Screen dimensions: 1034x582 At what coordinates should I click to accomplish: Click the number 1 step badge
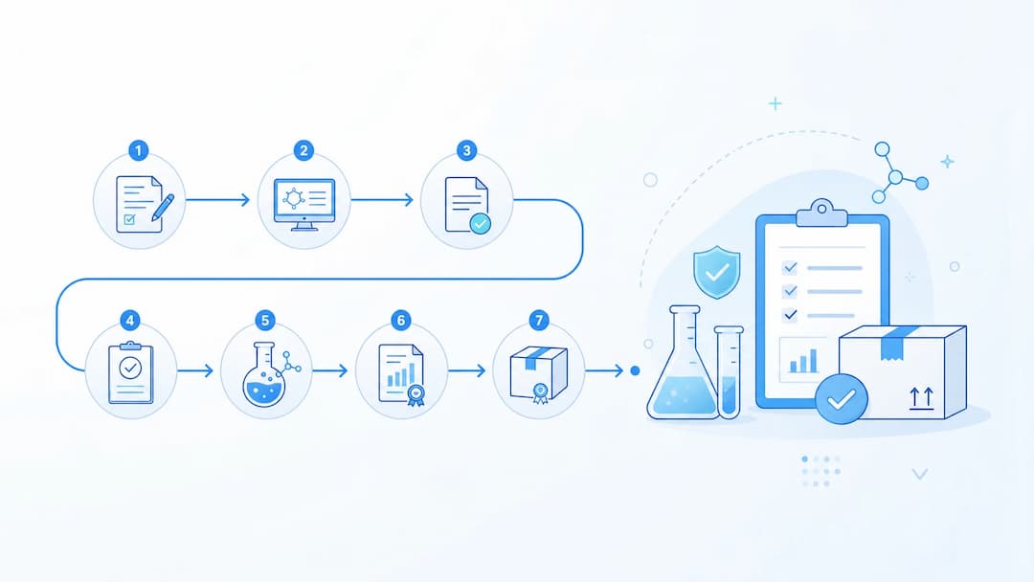coord(138,151)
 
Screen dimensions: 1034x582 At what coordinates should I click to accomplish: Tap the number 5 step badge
coord(264,321)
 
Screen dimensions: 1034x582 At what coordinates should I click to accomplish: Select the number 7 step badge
coord(539,321)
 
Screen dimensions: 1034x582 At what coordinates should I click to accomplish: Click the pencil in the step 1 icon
coord(162,208)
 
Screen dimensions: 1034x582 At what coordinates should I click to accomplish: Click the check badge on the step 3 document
coord(480,223)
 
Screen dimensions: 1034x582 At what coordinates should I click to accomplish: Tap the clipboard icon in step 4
coord(130,372)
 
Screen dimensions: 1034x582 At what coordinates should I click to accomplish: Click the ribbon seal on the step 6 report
coord(416,394)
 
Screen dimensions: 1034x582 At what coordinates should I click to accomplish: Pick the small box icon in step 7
coord(539,373)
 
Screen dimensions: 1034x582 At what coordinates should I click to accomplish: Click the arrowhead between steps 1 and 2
coord(245,200)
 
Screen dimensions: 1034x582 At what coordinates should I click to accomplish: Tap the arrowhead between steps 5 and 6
coord(342,370)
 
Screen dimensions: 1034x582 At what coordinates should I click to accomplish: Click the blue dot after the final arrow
coord(635,371)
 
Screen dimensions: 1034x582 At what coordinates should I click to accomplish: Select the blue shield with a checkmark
coord(717,272)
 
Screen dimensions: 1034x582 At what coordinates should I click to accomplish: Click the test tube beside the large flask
coord(729,371)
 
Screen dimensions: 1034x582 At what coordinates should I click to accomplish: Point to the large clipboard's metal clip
coord(821,213)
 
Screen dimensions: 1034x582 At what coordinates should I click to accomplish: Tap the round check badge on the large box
coord(842,399)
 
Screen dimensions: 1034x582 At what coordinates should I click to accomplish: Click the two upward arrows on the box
coord(921,399)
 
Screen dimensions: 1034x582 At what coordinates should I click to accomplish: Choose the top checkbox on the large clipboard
coord(789,268)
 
